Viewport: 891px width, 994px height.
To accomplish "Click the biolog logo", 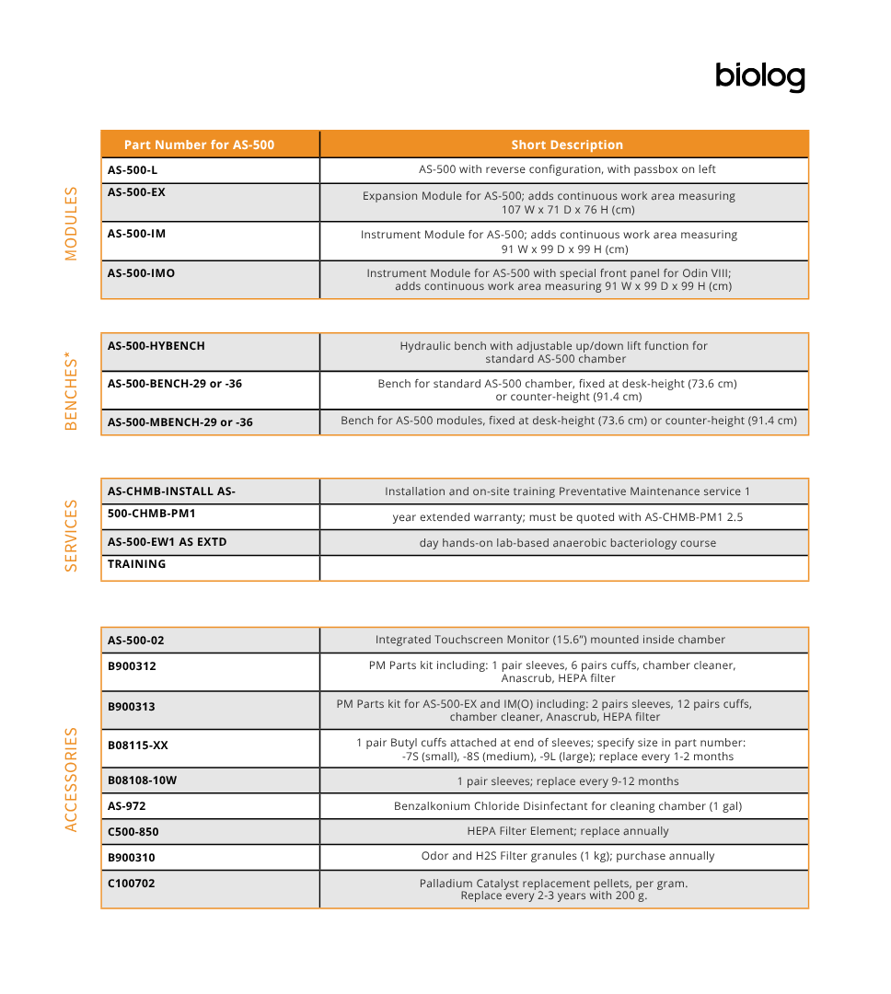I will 759,77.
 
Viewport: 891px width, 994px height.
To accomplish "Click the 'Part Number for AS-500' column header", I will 199,144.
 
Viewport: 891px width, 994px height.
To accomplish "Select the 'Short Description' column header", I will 567,144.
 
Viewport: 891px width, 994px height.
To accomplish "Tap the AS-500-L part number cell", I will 133,170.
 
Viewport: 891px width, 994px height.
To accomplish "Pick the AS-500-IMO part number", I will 141,273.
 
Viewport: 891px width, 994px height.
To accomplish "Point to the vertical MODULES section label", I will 72,224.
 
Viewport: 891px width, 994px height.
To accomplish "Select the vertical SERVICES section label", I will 72,536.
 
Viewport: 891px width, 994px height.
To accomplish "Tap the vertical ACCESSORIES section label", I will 72,780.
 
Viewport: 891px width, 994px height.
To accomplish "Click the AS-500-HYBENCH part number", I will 156,346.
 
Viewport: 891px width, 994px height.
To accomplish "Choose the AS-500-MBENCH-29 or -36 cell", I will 180,422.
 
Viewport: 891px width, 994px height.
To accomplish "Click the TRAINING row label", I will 137,564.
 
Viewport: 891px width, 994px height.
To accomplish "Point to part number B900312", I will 132,666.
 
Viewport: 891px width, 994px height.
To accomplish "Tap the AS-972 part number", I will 127,806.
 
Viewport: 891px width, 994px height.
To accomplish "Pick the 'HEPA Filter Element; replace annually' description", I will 568,831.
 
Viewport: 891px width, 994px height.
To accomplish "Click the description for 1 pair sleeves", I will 568,781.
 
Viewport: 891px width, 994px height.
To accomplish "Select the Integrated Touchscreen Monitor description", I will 550,640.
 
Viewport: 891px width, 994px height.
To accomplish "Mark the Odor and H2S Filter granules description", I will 568,856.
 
